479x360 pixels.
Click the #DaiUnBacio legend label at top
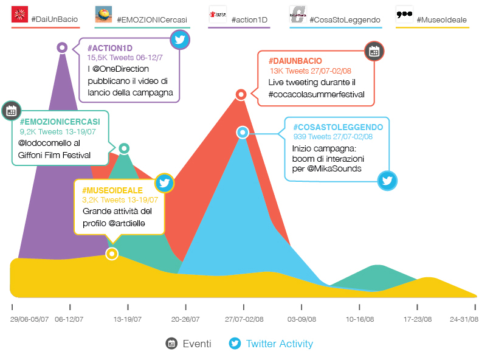click(x=54, y=19)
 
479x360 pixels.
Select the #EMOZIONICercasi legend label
click(x=151, y=19)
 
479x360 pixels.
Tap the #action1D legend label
click(x=249, y=19)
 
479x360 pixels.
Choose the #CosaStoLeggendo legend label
click(x=345, y=19)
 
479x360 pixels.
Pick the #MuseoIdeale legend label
click(x=441, y=19)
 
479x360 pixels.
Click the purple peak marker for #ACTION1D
click(x=62, y=47)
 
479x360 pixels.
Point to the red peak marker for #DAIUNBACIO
click(x=241, y=94)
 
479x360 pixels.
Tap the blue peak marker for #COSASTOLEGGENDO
click(x=243, y=132)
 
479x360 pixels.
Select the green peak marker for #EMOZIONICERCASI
click(x=124, y=148)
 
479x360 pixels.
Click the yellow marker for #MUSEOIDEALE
click(x=112, y=254)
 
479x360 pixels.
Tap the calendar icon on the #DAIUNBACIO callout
click(x=374, y=52)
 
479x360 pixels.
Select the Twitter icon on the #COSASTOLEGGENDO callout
click(x=388, y=180)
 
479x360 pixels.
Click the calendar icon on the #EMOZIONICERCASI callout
click(x=11, y=110)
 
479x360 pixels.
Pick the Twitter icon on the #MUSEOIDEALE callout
click(x=164, y=182)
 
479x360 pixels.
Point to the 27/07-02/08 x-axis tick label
click(x=244, y=319)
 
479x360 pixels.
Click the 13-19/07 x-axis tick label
click(x=128, y=319)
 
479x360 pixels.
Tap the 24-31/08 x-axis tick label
click(x=464, y=319)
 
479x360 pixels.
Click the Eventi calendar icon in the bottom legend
click(x=172, y=344)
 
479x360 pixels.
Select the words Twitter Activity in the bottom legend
click(x=279, y=344)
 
